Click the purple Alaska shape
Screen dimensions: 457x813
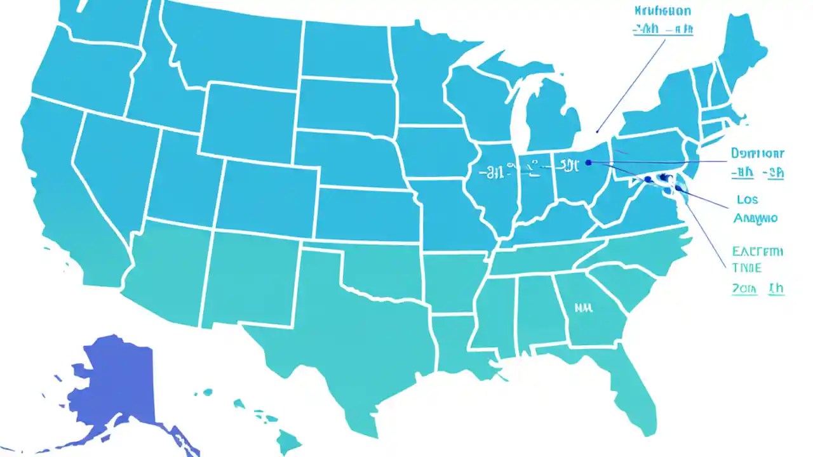tap(121, 381)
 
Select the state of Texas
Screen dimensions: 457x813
tap(356, 330)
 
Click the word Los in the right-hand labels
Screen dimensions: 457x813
tap(747, 199)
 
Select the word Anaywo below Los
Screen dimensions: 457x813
tap(755, 218)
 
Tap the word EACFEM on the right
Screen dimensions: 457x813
tap(758, 251)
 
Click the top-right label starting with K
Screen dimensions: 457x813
tap(662, 11)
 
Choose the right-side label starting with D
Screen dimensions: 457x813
tap(757, 154)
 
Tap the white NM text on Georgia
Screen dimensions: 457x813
tap(583, 308)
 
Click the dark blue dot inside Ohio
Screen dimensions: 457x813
tap(588, 162)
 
